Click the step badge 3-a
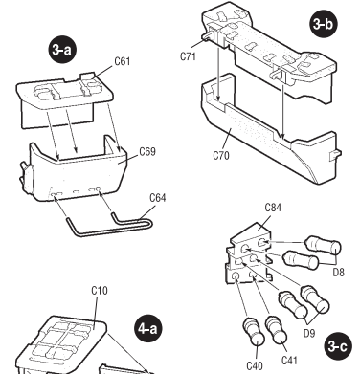point(62,50)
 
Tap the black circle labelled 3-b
point(324,24)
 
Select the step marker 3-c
point(337,346)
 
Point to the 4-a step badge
point(147,328)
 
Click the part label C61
point(123,61)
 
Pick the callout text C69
point(147,151)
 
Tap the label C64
point(158,198)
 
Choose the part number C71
point(188,56)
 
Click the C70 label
point(221,156)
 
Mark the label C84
point(273,208)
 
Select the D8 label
point(339,273)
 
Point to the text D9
point(309,333)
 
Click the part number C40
point(255,365)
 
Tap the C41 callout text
point(289,361)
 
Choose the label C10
point(100,291)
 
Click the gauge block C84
point(248,255)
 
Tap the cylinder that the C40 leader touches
point(254,332)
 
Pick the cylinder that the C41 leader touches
point(277,330)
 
